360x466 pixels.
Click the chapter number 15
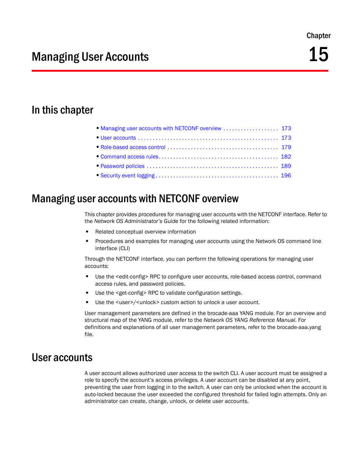click(x=318, y=55)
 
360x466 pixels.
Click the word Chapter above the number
click(x=318, y=35)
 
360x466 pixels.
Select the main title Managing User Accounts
click(x=90, y=57)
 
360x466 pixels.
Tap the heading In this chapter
click(x=62, y=110)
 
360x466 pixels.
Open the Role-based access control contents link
click(x=133, y=147)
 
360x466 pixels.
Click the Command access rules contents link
click(x=129, y=157)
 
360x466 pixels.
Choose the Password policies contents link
click(x=122, y=166)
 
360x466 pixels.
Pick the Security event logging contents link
click(x=128, y=175)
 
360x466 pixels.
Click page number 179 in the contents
click(x=286, y=147)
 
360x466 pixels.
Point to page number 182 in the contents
click(x=286, y=157)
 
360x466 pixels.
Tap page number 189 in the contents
click(x=286, y=166)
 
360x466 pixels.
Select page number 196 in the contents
click(x=286, y=175)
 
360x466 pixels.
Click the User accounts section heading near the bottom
click(x=62, y=357)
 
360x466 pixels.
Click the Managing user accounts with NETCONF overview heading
click(x=135, y=198)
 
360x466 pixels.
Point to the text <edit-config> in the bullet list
click(x=132, y=277)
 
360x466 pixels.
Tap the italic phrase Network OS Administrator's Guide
click(x=136, y=221)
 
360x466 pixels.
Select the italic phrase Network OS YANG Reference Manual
click(x=249, y=320)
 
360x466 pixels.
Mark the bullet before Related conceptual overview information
click(x=87, y=232)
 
